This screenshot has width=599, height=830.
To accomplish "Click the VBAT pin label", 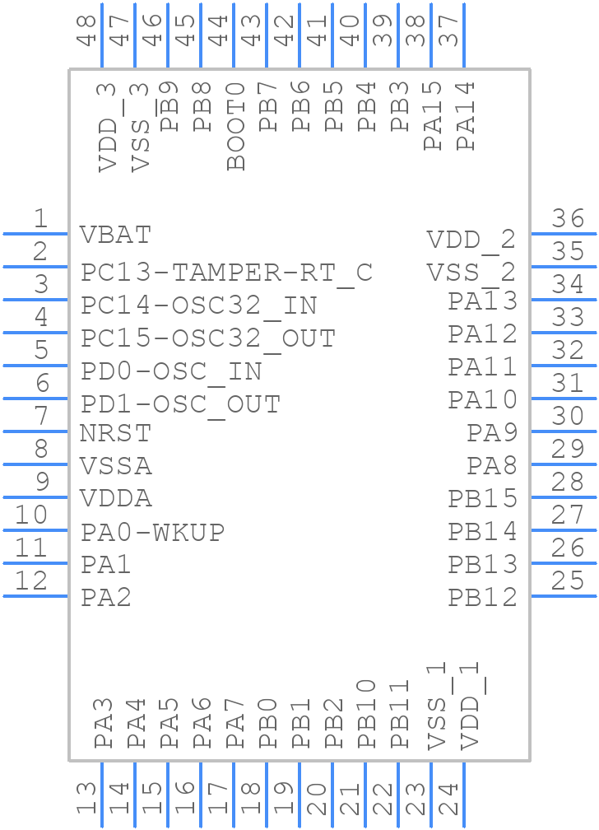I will pyautogui.click(x=116, y=235).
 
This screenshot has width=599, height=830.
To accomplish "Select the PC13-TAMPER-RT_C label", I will pyautogui.click(x=226, y=273).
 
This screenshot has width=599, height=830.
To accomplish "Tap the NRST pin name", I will pyautogui.click(x=116, y=433).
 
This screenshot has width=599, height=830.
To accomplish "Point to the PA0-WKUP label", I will pyautogui.click(x=152, y=533).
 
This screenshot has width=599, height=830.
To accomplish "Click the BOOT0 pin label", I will pyautogui.click(x=236, y=125).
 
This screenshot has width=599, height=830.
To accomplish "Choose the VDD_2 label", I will pyautogui.click(x=471, y=240).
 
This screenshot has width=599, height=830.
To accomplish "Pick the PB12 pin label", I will pyautogui.click(x=482, y=598).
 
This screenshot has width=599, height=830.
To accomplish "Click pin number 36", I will pyautogui.click(x=568, y=219).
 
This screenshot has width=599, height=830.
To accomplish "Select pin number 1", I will pyautogui.click(x=39, y=219).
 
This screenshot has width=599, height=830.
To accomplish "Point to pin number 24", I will pyautogui.click(x=448, y=799).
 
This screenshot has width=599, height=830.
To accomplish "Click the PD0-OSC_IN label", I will pyautogui.click(x=171, y=372).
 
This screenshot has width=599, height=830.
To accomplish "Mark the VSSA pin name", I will pyautogui.click(x=116, y=466).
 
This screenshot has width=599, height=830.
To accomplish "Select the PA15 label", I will pyautogui.click(x=434, y=115).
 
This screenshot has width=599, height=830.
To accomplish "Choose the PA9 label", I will pyautogui.click(x=492, y=433).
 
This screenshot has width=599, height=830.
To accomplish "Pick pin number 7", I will pyautogui.click(x=39, y=417).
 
